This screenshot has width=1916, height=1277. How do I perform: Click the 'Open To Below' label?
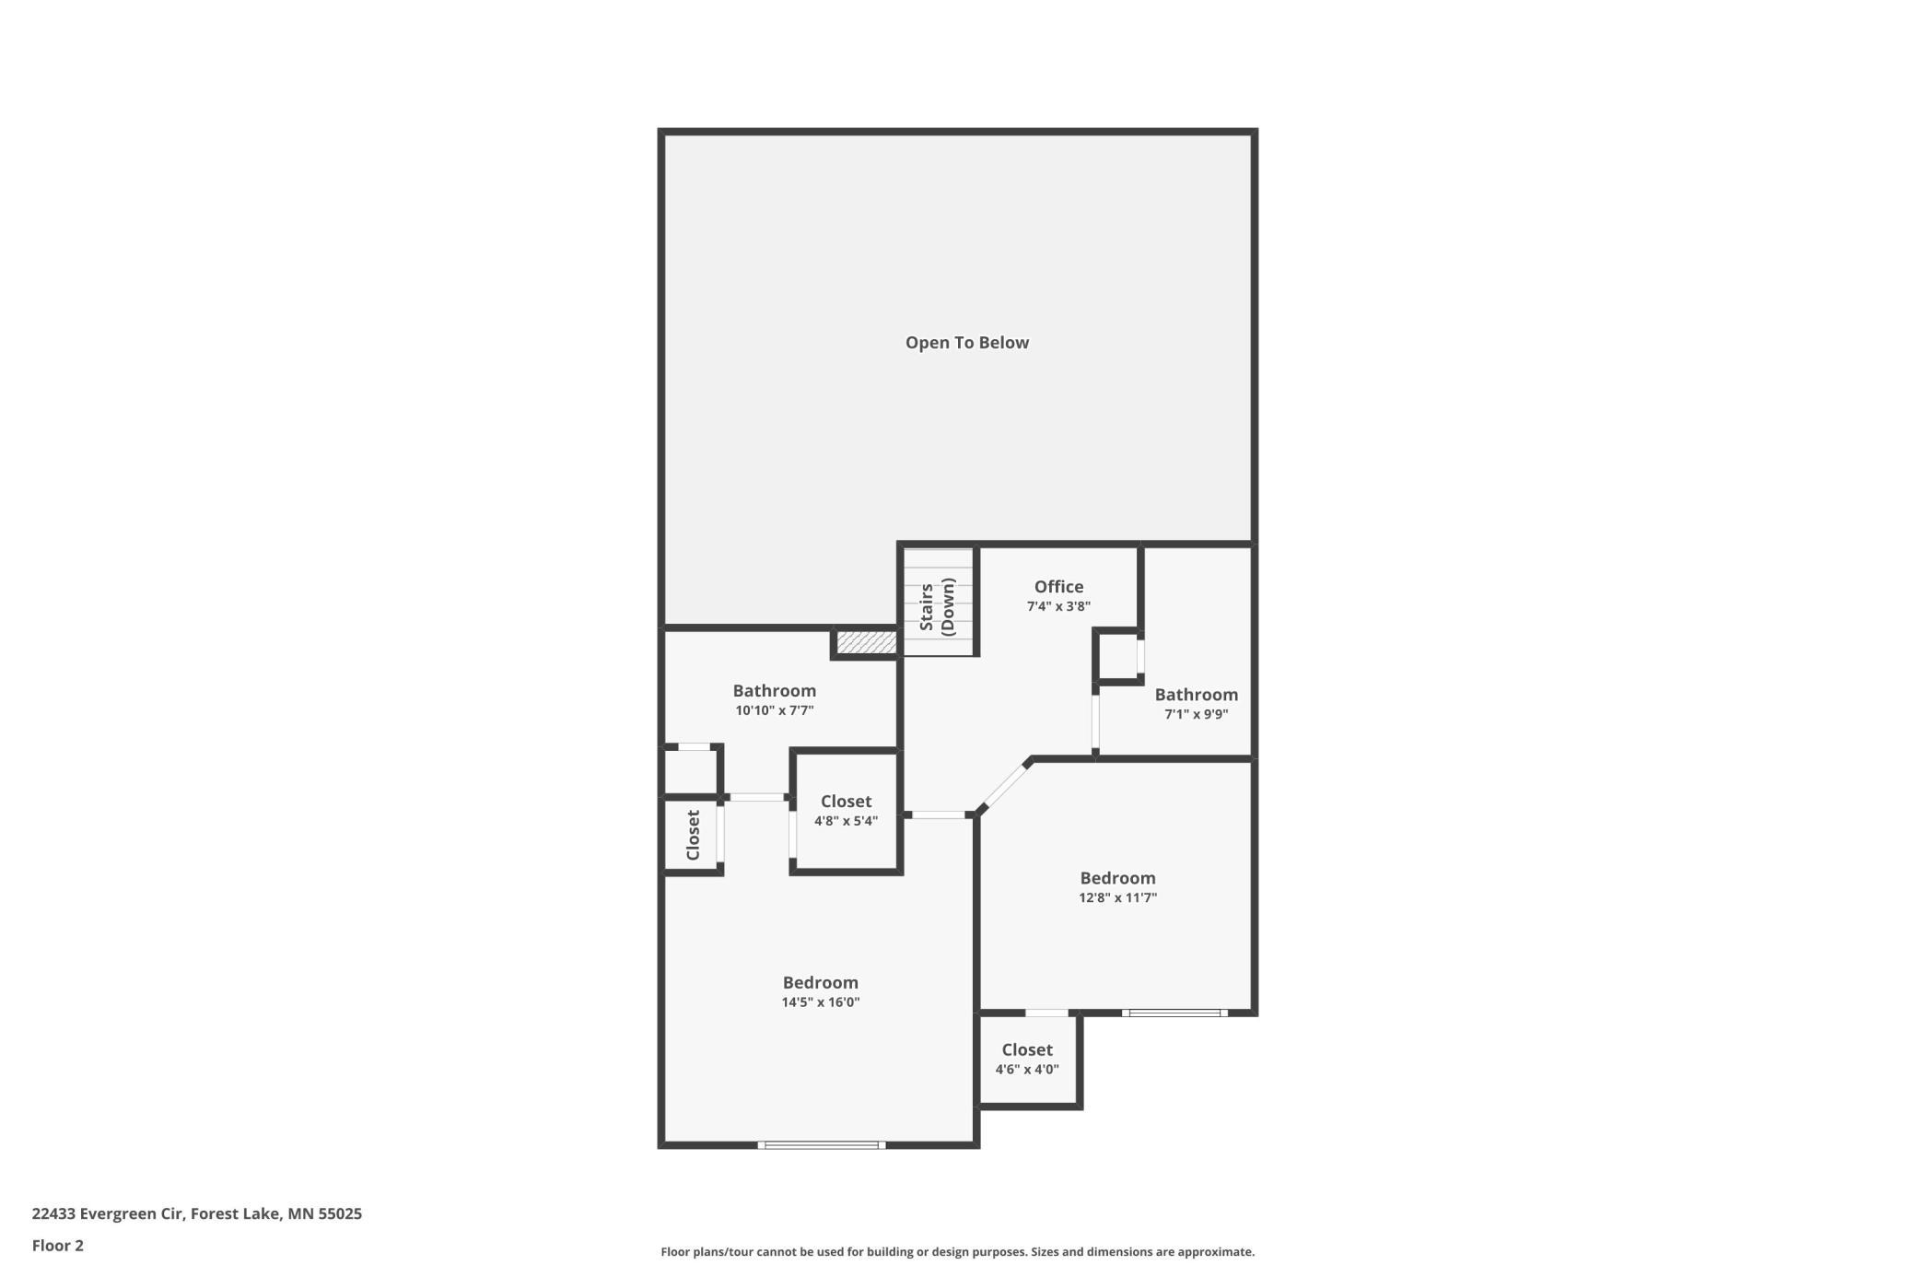coord(966,343)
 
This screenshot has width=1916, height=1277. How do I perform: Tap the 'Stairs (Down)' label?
coord(937,607)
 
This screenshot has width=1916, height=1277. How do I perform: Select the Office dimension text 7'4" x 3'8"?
coord(1058,606)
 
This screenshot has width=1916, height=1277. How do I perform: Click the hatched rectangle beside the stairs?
coord(866,642)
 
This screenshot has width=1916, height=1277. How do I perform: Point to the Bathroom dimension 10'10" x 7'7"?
coord(774,710)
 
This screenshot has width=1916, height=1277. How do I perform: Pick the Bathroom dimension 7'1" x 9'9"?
coord(1196,714)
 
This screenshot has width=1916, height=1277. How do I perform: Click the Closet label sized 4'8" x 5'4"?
coord(846,802)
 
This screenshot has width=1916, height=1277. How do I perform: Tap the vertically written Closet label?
coord(694,835)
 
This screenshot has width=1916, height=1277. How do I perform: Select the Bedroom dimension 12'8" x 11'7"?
coord(1117,897)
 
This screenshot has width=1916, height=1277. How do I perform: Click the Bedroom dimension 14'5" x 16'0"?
coord(820,1002)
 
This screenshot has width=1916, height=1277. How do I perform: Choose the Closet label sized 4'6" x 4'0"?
coord(1027,1050)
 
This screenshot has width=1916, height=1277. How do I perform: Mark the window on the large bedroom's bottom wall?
coord(821,1145)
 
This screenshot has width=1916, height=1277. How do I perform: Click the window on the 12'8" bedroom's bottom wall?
coord(1174,1013)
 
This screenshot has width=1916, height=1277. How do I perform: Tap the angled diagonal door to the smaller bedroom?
coord(1005,785)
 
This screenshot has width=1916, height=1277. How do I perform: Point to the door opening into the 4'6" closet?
coord(1046,1013)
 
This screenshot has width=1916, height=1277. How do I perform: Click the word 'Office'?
coord(1058,587)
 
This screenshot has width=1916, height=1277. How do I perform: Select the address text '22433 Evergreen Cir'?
coord(108,1213)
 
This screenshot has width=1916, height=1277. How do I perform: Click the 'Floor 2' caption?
coord(57,1246)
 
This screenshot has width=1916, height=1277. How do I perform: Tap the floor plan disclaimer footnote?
coord(957,1252)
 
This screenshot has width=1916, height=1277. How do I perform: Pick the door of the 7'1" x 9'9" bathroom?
coord(1095,723)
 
